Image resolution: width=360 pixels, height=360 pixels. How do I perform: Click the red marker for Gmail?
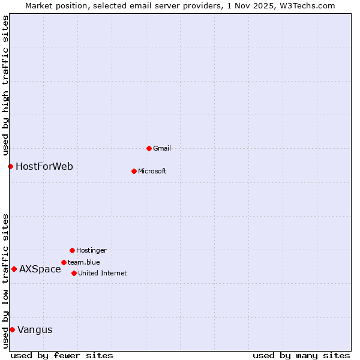click(149, 148)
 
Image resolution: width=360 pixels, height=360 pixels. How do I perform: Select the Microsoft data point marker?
click(134, 171)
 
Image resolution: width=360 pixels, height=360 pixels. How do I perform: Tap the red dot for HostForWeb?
click(10, 166)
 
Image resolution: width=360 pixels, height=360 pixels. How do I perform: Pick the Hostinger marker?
click(72, 250)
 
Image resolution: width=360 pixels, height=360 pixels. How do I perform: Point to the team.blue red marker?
click(64, 262)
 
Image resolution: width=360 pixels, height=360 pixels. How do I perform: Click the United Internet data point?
click(74, 273)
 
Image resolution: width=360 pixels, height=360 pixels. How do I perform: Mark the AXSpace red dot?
click(14, 269)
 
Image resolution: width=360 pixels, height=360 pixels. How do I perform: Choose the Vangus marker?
click(12, 329)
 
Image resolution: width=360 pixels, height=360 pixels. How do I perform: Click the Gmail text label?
click(162, 148)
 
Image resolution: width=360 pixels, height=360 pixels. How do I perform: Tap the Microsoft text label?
click(152, 171)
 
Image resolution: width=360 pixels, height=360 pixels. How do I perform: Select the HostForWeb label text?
click(44, 166)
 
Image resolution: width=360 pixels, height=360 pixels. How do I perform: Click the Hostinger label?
click(91, 250)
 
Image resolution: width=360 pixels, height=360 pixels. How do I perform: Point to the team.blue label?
click(84, 262)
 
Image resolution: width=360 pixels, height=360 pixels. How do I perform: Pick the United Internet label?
click(103, 273)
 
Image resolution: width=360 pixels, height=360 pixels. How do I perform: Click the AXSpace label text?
click(40, 269)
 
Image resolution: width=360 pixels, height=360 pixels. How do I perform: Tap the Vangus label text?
click(35, 329)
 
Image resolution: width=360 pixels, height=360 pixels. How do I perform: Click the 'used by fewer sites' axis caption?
click(62, 355)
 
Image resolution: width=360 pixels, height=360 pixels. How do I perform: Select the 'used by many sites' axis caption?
click(301, 355)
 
